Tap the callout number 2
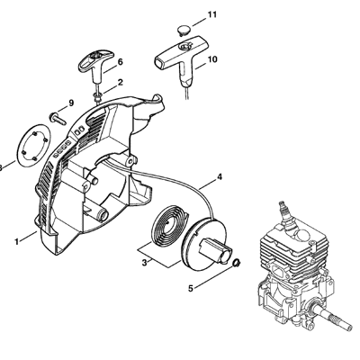pos(120,83)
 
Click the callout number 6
pos(120,62)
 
